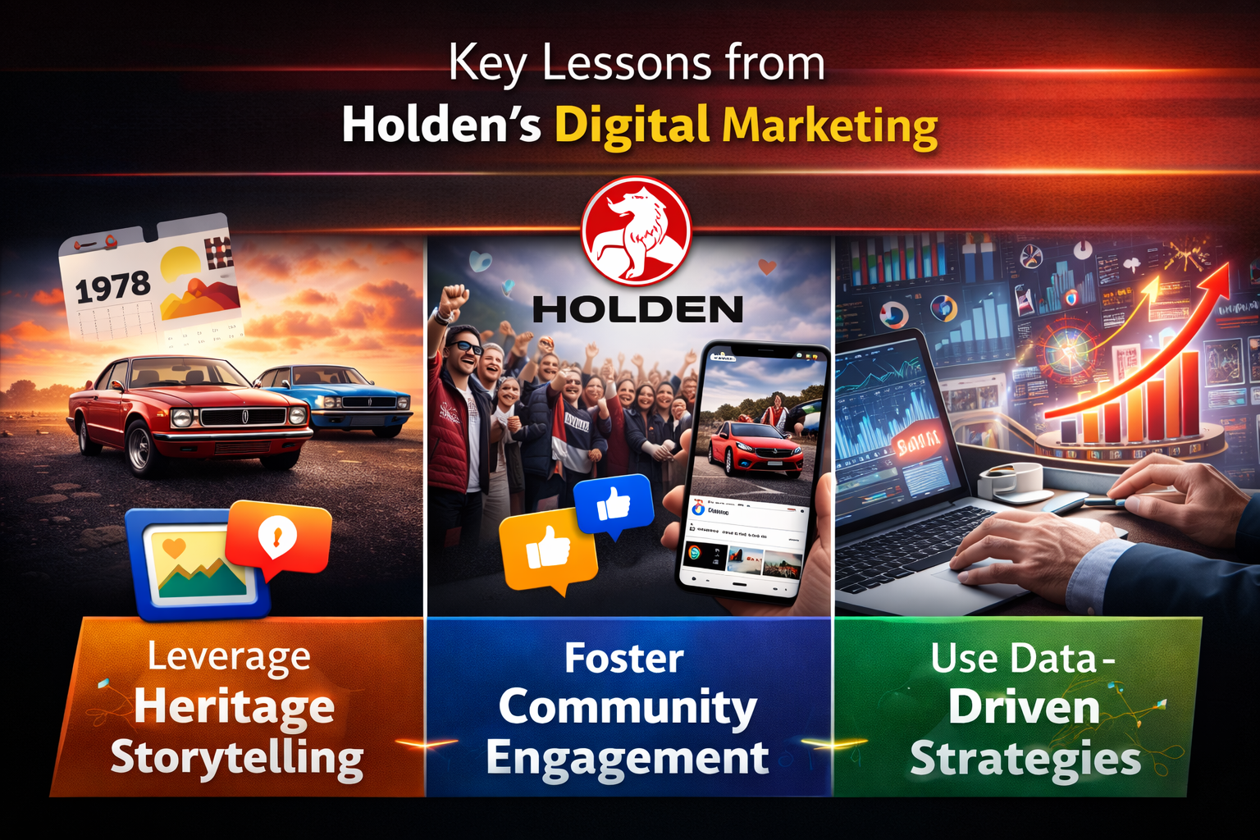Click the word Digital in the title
[632, 126]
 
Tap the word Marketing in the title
[830, 126]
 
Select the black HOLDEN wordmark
[637, 310]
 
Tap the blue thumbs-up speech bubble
[614, 504]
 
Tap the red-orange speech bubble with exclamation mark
[277, 537]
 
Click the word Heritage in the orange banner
[235, 708]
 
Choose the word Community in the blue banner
[628, 708]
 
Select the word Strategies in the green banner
[1025, 759]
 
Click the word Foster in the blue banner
[624, 659]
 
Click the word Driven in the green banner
[1024, 708]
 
